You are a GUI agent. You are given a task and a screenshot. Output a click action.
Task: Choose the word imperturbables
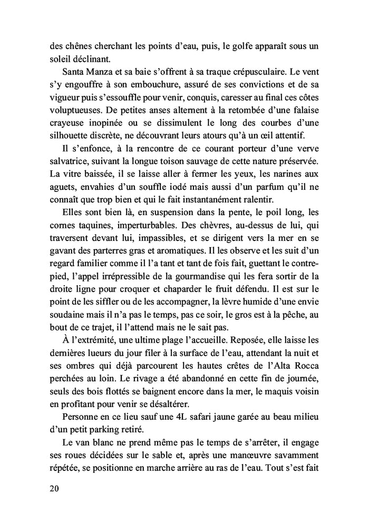120,236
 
